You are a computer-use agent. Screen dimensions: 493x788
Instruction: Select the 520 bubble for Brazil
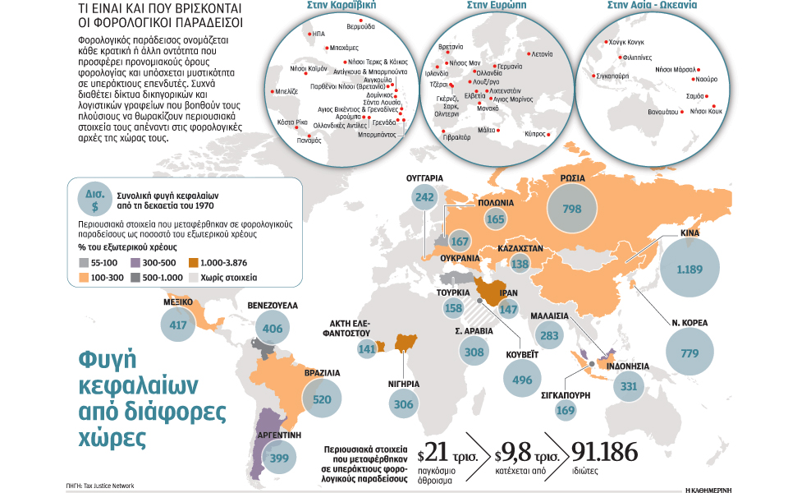[x=322, y=400]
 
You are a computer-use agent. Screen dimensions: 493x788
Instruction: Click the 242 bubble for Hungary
[x=424, y=197]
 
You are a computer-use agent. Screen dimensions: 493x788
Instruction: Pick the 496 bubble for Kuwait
[x=522, y=380]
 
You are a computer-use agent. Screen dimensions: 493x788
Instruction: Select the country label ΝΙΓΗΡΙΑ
[x=404, y=384]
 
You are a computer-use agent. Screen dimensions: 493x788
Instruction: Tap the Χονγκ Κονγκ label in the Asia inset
[x=628, y=42]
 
